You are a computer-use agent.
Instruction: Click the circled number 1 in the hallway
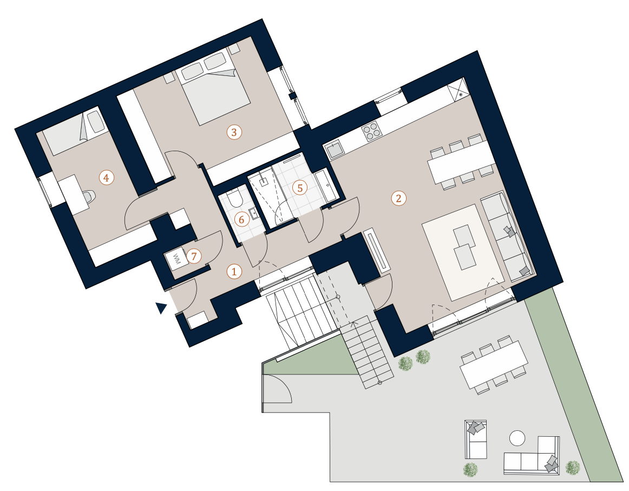234,272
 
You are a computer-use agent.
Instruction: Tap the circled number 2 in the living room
398,198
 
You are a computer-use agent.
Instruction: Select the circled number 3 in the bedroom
234,132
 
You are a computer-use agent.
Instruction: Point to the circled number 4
106,177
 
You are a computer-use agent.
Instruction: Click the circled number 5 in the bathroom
300,188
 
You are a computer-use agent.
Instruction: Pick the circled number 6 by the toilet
241,219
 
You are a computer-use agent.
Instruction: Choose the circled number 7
194,256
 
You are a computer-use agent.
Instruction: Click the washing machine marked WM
175,260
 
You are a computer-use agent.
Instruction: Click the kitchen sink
334,150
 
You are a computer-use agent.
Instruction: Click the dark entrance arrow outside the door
161,307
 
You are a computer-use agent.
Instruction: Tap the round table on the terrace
517,438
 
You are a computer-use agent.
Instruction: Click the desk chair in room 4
89,196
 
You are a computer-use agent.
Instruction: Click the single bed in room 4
75,132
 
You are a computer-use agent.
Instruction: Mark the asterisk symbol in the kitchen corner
461,95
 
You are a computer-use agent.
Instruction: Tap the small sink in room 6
253,213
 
